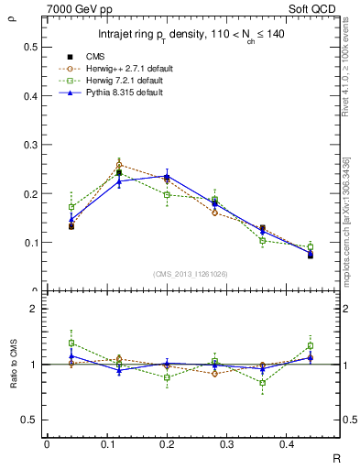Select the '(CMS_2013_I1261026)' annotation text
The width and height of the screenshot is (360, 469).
coord(191,274)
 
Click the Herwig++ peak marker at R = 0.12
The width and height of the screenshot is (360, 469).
coord(119,166)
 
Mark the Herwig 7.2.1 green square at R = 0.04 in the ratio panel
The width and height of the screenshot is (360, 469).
coord(71,343)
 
